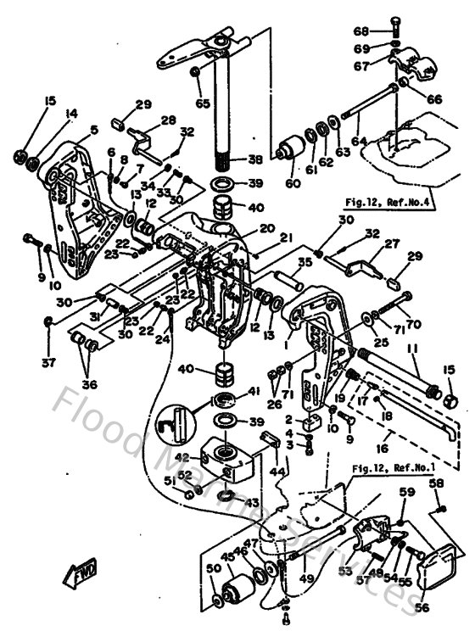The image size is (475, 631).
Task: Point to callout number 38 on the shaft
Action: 254,159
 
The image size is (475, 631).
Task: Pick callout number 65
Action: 202,103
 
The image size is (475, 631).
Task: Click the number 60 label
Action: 293,182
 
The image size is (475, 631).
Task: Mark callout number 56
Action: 444,607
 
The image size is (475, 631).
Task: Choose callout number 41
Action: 254,391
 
